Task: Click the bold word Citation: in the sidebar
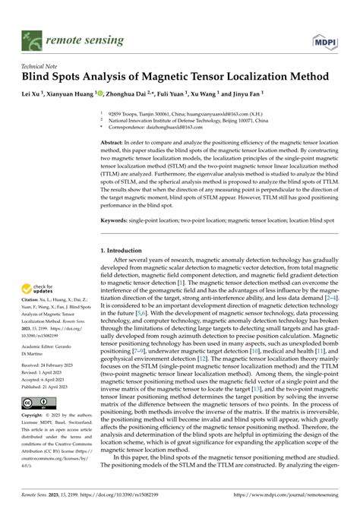(x=34, y=302)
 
